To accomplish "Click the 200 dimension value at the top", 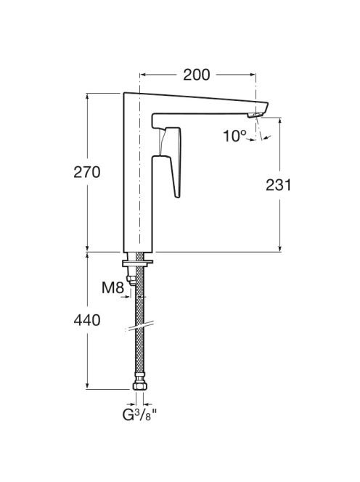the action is pyautogui.click(x=197, y=75).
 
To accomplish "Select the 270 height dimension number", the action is pyautogui.click(x=87, y=172).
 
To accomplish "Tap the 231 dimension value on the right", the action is pyautogui.click(x=278, y=185).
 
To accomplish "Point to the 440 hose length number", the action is pyautogui.click(x=87, y=320).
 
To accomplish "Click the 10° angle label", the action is pyautogui.click(x=235, y=136).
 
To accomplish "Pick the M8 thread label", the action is pyautogui.click(x=112, y=287).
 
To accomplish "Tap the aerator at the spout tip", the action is pyautogui.click(x=255, y=115).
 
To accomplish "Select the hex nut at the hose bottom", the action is pyautogui.click(x=140, y=386).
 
